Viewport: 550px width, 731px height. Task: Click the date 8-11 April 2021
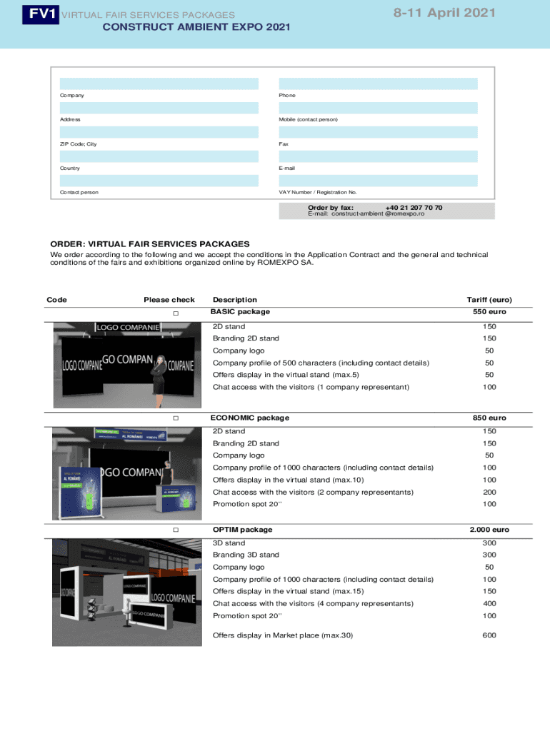[x=444, y=13]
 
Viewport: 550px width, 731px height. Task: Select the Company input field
[x=159, y=84]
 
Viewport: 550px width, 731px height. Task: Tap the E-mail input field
[x=378, y=156]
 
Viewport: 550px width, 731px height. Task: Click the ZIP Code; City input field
[x=159, y=132]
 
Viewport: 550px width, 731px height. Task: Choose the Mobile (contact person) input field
[x=378, y=108]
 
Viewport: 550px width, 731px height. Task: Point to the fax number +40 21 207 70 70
[x=414, y=208]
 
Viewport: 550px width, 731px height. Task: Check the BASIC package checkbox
[x=175, y=314]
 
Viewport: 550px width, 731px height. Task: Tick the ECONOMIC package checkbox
[x=175, y=418]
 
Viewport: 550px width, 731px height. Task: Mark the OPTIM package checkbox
[x=175, y=530]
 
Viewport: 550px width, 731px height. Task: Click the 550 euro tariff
[x=489, y=312]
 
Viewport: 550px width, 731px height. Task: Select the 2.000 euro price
[x=489, y=530]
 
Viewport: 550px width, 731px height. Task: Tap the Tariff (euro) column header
[x=489, y=300]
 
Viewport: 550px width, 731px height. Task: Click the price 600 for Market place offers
[x=489, y=635]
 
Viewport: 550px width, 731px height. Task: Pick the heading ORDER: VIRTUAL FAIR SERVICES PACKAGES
[x=150, y=244]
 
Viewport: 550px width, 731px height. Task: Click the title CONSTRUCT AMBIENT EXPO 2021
[x=196, y=27]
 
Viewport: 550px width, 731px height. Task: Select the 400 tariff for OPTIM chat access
[x=489, y=603]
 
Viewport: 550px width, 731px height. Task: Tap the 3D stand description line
[x=229, y=543]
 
